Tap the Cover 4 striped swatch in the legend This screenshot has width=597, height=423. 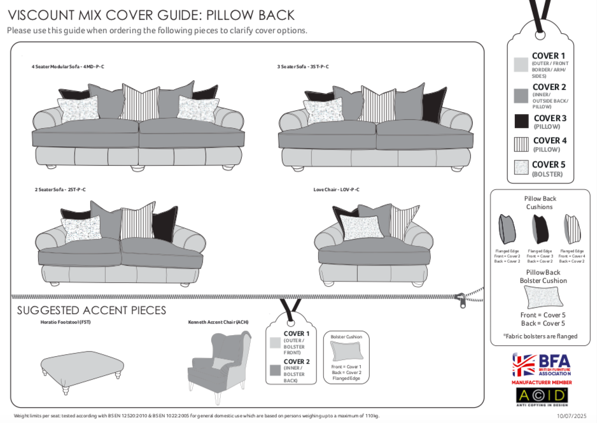click(x=522, y=144)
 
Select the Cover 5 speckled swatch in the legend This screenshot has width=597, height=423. click(x=522, y=168)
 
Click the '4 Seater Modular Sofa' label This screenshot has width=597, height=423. click(x=68, y=67)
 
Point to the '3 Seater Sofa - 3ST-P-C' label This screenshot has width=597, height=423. click(x=302, y=67)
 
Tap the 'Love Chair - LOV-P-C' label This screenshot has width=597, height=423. click(x=336, y=190)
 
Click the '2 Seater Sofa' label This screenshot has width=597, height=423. click(x=60, y=190)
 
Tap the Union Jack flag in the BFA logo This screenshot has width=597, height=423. click(x=525, y=365)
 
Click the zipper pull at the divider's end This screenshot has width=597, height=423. click(x=460, y=298)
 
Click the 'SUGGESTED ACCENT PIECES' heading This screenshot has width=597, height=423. click(x=91, y=310)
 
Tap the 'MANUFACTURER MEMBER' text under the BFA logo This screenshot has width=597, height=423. click(x=542, y=382)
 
